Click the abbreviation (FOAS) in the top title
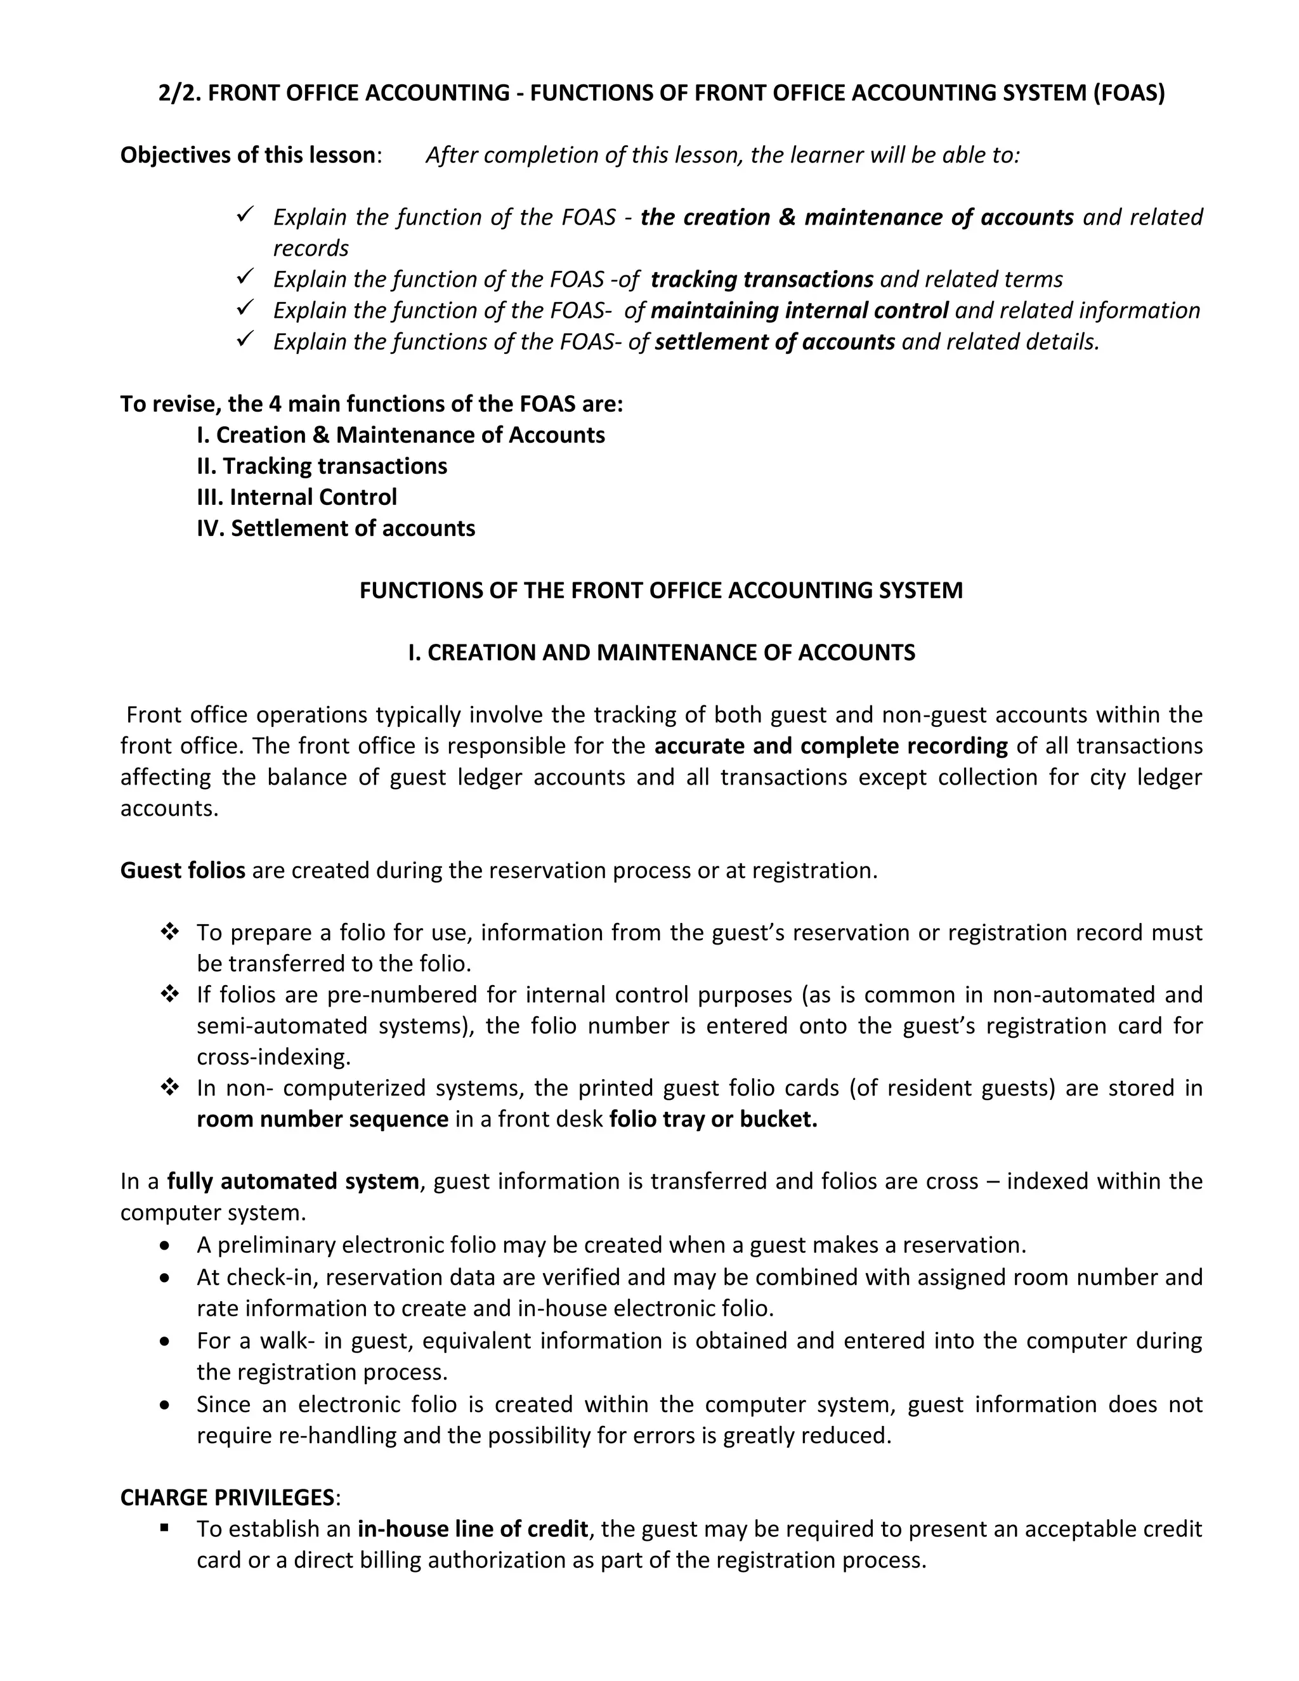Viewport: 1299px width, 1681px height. point(1128,93)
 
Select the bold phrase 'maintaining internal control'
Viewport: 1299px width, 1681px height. point(799,310)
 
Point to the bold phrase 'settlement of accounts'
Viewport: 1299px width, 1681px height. point(775,342)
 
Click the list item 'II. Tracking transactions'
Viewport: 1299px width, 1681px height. point(322,466)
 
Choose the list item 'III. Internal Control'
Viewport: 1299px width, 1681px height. point(296,497)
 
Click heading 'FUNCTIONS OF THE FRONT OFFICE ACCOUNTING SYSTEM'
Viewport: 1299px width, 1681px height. point(661,591)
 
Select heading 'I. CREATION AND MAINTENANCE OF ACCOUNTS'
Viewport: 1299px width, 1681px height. point(661,653)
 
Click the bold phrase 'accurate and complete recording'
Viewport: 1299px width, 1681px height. point(831,746)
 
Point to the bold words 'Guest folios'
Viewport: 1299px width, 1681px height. point(183,870)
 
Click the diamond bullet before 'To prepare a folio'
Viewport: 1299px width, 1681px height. point(169,932)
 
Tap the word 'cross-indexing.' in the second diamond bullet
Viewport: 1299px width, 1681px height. point(274,1057)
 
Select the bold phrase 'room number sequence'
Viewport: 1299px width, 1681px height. point(322,1119)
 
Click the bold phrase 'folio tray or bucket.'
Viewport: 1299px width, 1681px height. point(712,1119)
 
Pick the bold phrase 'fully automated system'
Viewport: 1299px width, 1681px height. point(292,1182)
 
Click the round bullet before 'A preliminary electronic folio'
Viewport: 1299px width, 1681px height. point(166,1245)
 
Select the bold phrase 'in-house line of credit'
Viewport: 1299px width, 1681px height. point(473,1529)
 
